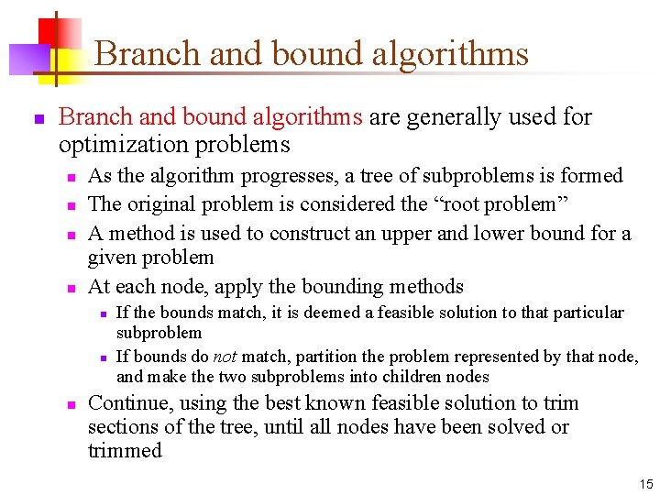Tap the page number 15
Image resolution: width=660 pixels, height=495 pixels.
pyautogui.click(x=645, y=483)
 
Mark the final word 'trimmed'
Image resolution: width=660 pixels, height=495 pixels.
pyautogui.click(x=125, y=451)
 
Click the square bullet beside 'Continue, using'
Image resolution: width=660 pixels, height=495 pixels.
pyautogui.click(x=71, y=404)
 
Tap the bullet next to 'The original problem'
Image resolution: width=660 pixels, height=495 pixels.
pyautogui.click(x=71, y=205)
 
